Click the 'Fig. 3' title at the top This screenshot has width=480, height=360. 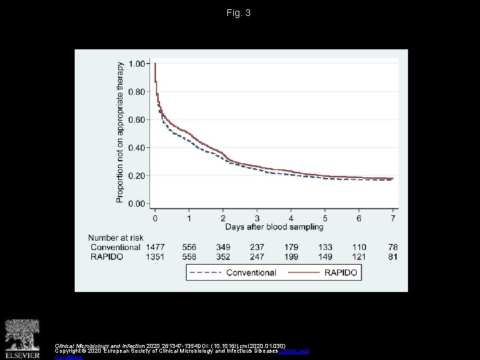239,13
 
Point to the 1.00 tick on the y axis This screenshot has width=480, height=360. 137,64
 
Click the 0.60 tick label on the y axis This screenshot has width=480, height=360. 137,120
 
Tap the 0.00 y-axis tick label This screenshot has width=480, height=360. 137,204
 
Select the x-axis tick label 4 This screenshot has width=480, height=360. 291,218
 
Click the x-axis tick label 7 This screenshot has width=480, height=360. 393,218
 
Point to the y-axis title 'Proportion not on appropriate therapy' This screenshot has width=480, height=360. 121,132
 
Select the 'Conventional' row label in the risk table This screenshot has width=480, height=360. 116,247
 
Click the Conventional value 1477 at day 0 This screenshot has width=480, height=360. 155,247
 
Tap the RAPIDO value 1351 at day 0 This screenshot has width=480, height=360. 155,257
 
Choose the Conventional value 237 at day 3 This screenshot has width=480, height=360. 257,247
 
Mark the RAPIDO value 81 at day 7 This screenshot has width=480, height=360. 393,257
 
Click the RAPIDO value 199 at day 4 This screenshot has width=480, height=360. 291,257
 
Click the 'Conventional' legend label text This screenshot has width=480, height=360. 251,273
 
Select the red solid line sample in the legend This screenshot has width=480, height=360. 304,273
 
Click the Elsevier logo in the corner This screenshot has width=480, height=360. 22,339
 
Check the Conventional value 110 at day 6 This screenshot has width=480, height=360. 359,247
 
